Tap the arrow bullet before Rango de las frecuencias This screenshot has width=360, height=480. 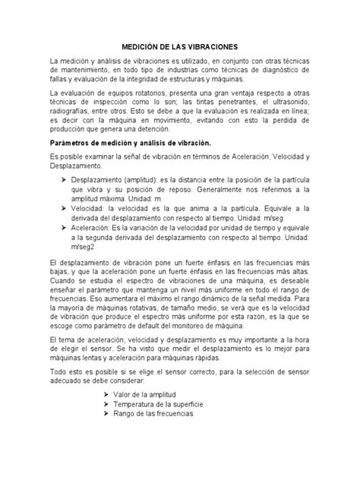[x=106, y=415]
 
